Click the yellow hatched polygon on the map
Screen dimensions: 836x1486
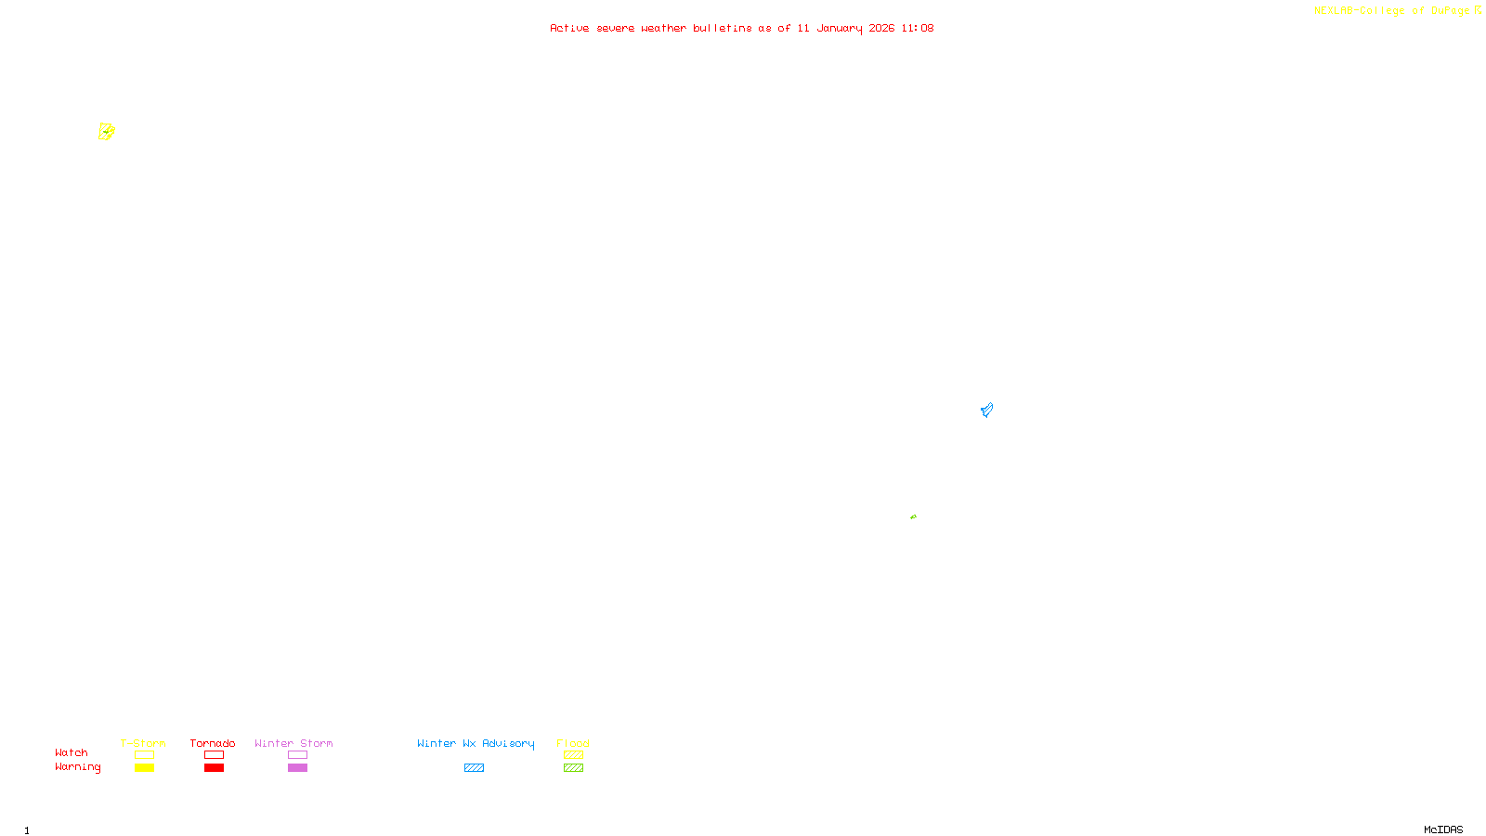pyautogui.click(x=107, y=132)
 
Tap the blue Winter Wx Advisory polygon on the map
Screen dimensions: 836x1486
pyautogui.click(x=986, y=410)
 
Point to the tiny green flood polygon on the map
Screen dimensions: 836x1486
pyautogui.click(x=913, y=516)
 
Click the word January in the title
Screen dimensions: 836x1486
pyautogui.click(x=839, y=28)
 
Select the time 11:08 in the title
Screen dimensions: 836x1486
pyautogui.click(x=917, y=28)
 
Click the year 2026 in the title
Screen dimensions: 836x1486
pyautogui.click(x=881, y=28)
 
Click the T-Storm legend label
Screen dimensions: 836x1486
pyautogui.click(x=143, y=743)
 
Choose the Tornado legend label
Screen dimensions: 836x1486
pyautogui.click(x=213, y=743)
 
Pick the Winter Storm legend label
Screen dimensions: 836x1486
pyautogui.click(x=293, y=743)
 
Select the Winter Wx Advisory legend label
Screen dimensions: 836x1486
pyautogui.click(x=476, y=743)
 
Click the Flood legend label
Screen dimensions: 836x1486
pyautogui.click(x=573, y=743)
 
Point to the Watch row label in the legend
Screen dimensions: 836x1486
pyautogui.click(x=72, y=752)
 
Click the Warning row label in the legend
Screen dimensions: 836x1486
pyautogui.click(x=78, y=767)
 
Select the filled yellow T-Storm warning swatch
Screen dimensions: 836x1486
pyautogui.click(x=144, y=768)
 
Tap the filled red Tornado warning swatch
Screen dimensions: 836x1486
pyautogui.click(x=214, y=768)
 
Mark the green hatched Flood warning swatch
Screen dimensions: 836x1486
pyautogui.click(x=573, y=768)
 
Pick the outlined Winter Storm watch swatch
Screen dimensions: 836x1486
pyautogui.click(x=297, y=755)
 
